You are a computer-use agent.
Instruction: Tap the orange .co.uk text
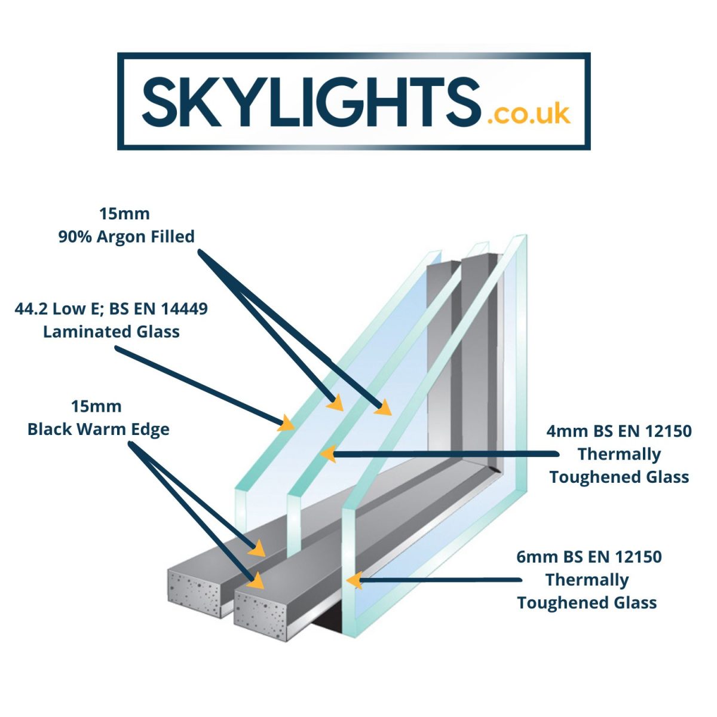(528, 114)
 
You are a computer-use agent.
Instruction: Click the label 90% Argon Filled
(127, 237)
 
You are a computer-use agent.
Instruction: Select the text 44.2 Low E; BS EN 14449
(111, 309)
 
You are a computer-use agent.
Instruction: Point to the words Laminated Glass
(111, 332)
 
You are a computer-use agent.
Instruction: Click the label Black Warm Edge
(99, 430)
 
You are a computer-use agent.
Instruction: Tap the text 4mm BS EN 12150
(619, 431)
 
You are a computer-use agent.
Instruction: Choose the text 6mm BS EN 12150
(589, 557)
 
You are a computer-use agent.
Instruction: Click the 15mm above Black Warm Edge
(96, 407)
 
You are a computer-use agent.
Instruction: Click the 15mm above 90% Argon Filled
(124, 214)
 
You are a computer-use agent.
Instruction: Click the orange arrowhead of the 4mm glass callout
(328, 454)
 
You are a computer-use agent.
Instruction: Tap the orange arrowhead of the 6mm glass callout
(354, 580)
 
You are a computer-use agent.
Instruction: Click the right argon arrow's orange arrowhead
(384, 407)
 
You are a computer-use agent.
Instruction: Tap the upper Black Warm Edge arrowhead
(257, 548)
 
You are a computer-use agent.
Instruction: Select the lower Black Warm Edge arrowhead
(256, 581)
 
